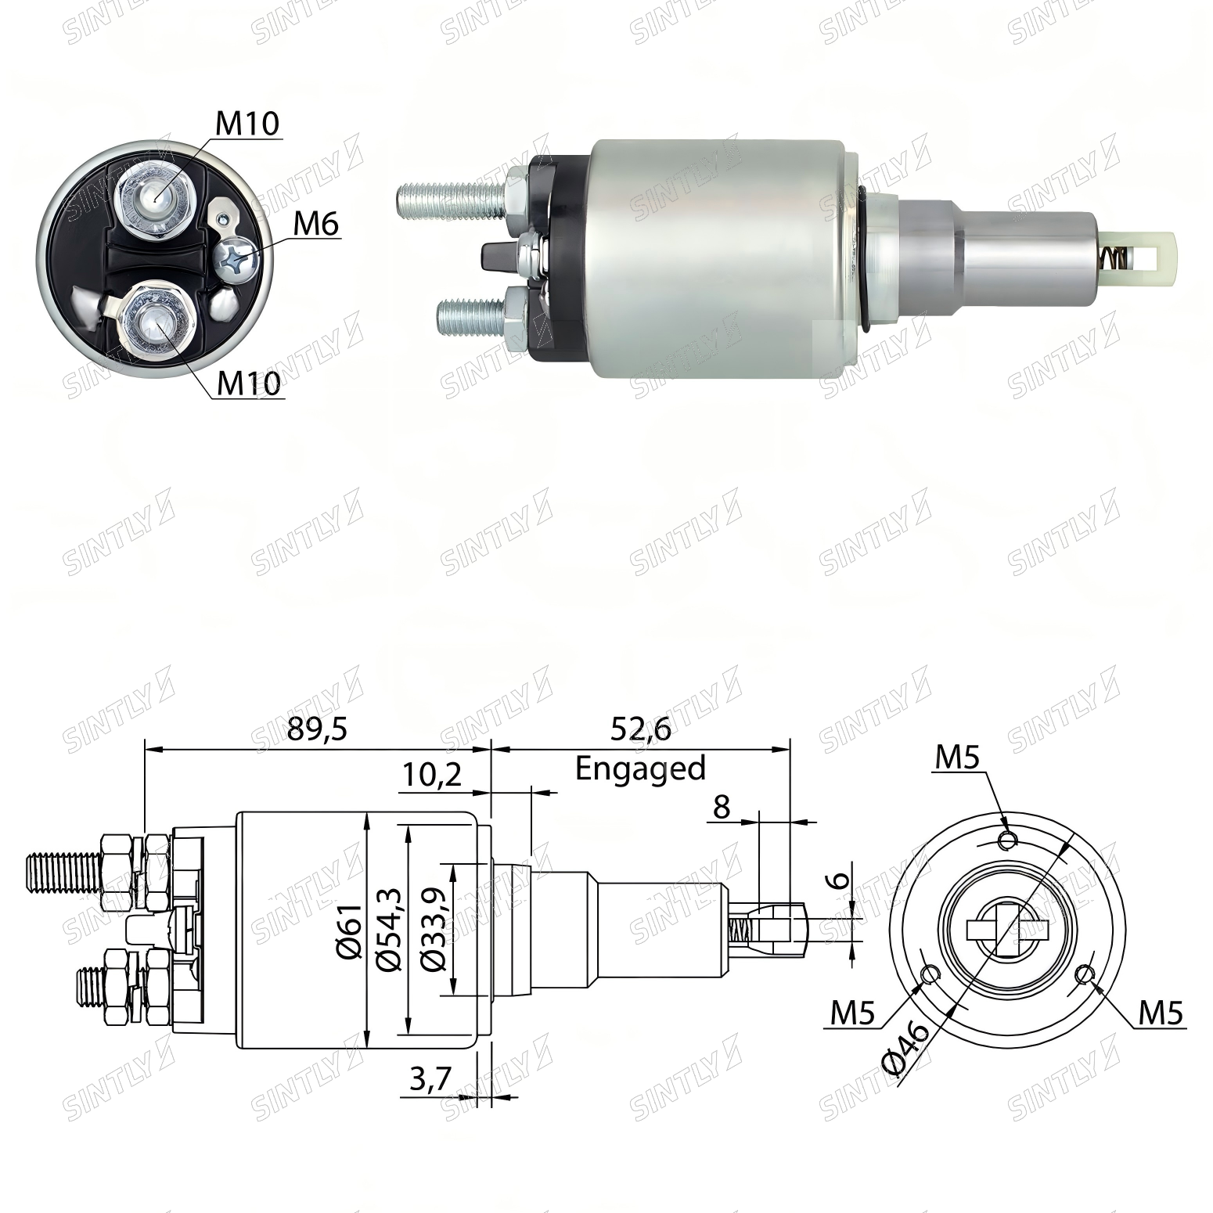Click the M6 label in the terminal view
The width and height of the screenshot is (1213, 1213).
click(x=316, y=225)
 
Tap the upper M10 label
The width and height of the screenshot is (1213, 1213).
click(x=247, y=124)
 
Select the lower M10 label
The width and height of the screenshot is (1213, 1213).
click(x=248, y=383)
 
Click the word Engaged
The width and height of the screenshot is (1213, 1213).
click(x=640, y=768)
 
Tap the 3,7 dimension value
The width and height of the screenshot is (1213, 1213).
click(x=430, y=1080)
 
